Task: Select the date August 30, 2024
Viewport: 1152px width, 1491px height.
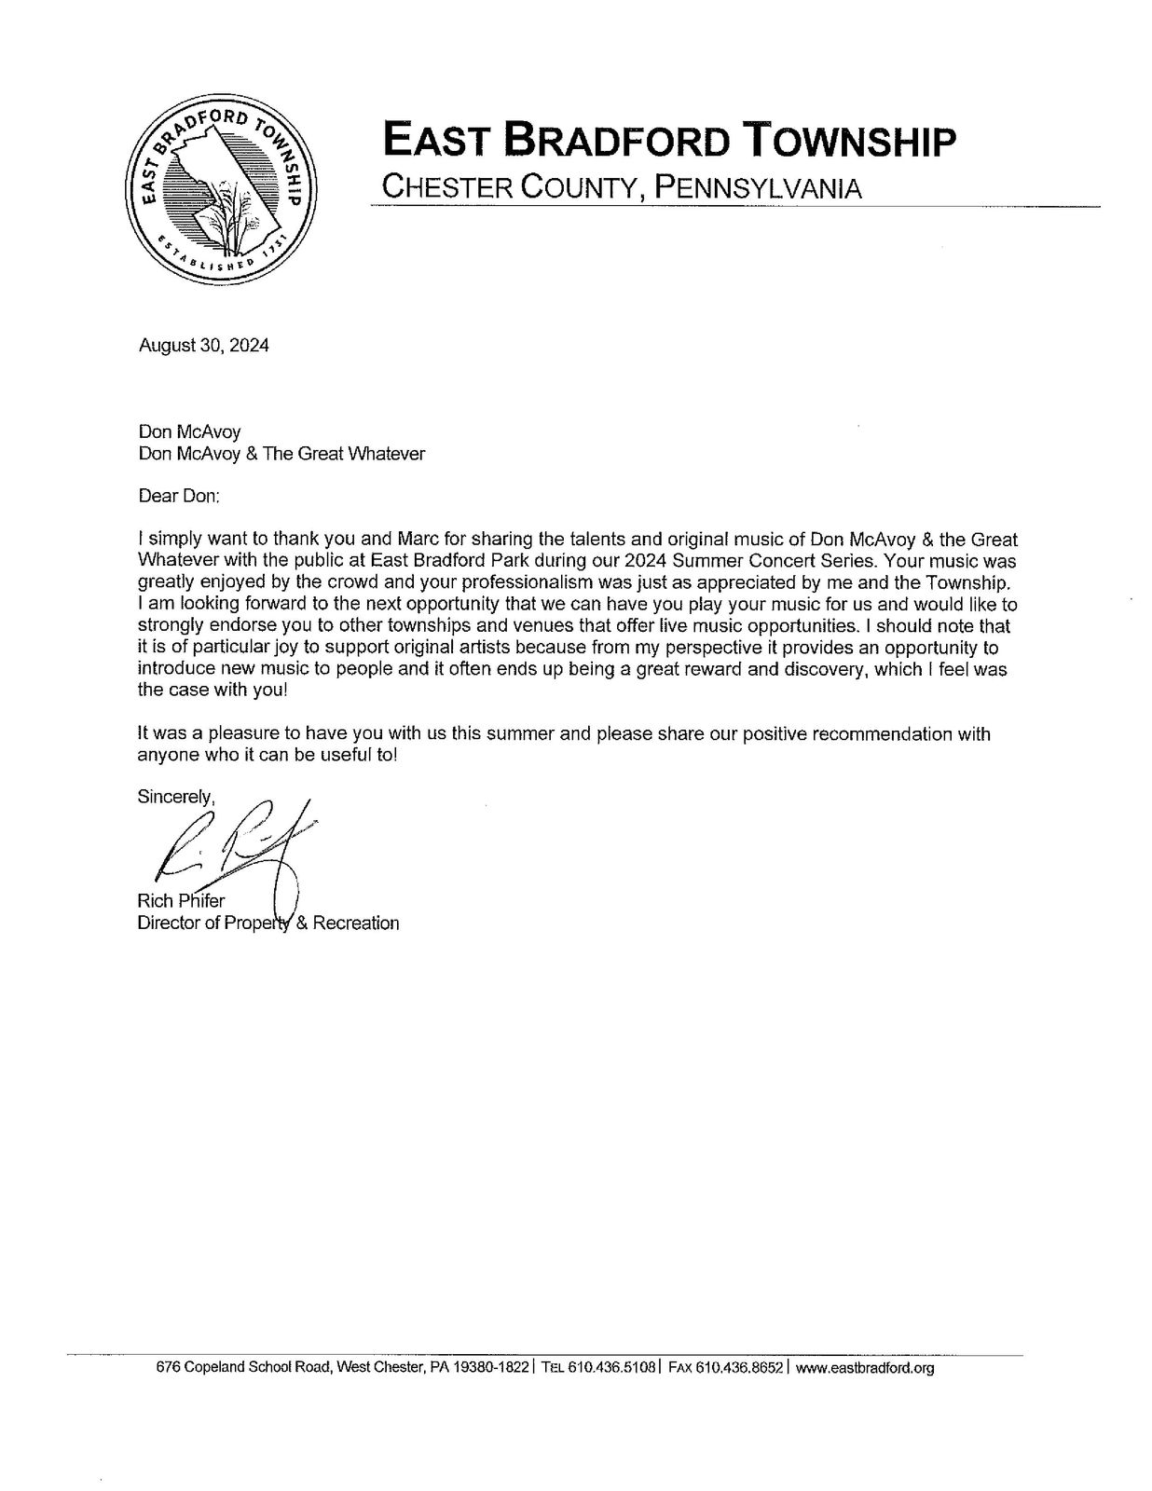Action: (203, 345)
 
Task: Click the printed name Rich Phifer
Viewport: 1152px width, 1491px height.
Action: (181, 901)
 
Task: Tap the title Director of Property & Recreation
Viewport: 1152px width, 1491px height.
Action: (268, 923)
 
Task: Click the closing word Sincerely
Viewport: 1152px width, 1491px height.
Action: (176, 797)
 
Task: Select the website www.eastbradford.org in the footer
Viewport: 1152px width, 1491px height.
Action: (865, 1368)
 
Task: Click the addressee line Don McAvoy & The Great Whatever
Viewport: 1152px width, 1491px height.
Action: (281, 454)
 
